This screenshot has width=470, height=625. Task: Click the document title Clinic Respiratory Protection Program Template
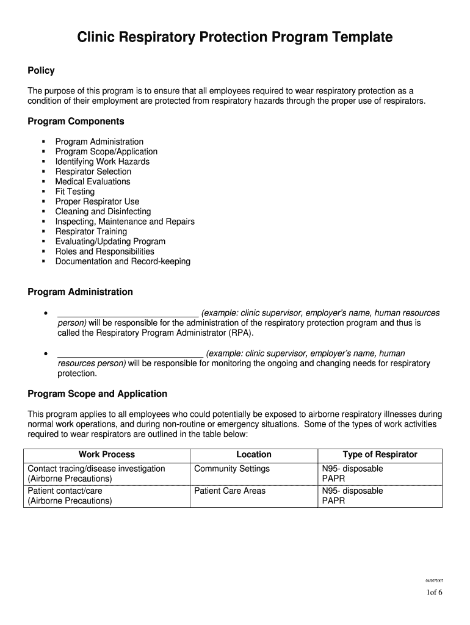point(234,38)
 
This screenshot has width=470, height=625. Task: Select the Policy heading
point(41,71)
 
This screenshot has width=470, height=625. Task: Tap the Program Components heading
point(76,121)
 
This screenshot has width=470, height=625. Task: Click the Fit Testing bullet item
point(75,192)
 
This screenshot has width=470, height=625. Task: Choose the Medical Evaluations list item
point(93,181)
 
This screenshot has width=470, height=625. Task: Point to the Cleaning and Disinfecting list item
point(103,211)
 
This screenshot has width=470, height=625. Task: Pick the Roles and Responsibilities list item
point(105,251)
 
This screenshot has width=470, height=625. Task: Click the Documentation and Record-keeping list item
point(123,261)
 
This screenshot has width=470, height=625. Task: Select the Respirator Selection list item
point(93,172)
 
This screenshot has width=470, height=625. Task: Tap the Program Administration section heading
point(80,292)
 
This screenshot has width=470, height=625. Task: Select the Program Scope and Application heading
point(97,394)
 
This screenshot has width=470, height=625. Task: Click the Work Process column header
point(107,455)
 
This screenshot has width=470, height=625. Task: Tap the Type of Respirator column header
point(380,455)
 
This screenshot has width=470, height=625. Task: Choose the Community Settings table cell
point(232,469)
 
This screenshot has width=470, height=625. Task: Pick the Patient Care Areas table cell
point(230,491)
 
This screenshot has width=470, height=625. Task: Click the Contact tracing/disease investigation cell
point(96,469)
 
